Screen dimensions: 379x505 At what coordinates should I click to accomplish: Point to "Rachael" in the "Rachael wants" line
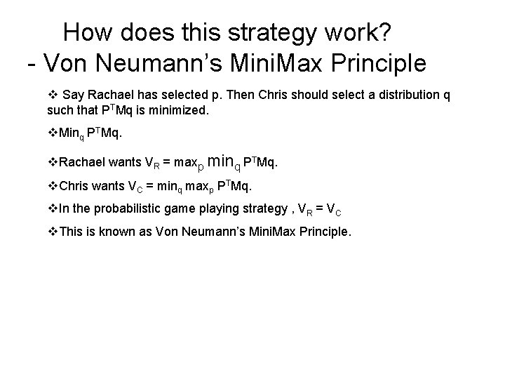(x=83, y=163)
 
